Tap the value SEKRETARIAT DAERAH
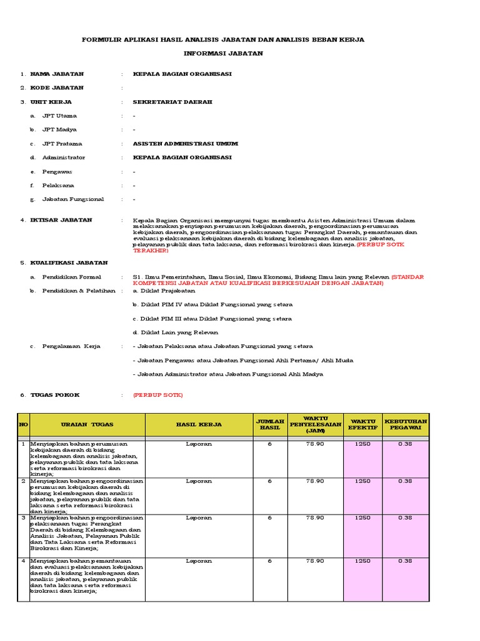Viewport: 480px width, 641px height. coord(172,101)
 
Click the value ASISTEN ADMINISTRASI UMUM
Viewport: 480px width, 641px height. coord(186,143)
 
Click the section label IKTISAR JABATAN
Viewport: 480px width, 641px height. coord(61,220)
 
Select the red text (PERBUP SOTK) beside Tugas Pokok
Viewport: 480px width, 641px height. coord(158,396)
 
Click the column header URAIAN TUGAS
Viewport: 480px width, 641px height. coord(87,424)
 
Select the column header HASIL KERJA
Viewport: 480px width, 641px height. coord(199,424)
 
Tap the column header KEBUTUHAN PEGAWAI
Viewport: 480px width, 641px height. coord(406,424)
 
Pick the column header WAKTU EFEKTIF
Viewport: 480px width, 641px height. coord(362,424)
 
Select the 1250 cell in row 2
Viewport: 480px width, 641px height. coord(362,481)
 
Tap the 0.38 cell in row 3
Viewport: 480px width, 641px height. coord(406,518)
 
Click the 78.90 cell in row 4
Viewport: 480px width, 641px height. coord(314,561)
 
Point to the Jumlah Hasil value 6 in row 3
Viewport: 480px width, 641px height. coord(270,518)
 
